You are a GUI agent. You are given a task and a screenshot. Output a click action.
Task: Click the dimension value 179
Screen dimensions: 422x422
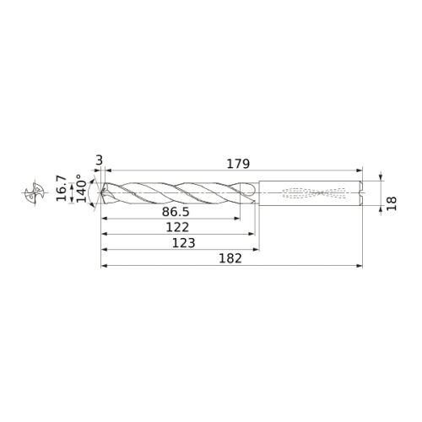point(238,164)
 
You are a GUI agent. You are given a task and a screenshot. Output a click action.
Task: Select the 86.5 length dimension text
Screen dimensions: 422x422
point(176,212)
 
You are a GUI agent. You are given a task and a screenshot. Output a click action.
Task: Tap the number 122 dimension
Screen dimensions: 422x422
point(177,227)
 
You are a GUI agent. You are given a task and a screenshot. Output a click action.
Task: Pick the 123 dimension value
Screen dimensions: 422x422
point(184,243)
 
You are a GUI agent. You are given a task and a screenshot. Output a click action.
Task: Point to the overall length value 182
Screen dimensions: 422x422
point(230,258)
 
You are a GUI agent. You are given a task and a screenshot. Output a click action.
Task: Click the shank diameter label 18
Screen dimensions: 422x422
point(392,203)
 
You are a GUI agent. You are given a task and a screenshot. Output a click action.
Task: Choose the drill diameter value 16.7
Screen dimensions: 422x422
point(62,188)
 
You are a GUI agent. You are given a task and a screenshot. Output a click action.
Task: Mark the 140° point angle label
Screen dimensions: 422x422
point(82,188)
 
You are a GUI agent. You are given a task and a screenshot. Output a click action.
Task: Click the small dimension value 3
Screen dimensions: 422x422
point(100,161)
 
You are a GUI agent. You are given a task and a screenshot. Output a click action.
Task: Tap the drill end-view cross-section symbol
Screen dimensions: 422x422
point(35,192)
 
